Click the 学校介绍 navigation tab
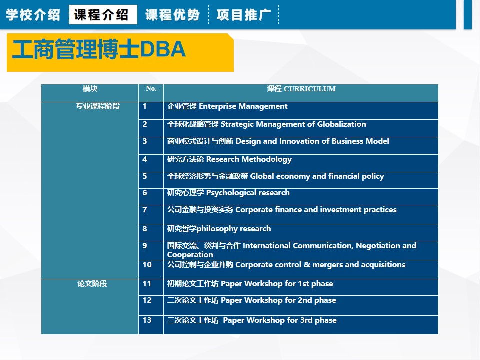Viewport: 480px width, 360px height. (x=33, y=14)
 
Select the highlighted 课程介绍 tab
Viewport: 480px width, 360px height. (x=101, y=14)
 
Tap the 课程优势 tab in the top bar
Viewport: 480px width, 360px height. (x=172, y=14)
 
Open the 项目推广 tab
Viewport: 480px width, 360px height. (x=244, y=14)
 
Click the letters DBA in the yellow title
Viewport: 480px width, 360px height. (x=163, y=49)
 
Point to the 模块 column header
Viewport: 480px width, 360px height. (x=90, y=89)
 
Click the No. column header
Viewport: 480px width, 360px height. (x=151, y=89)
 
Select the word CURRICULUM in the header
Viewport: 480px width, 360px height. (x=310, y=89)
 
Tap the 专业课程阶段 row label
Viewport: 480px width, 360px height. (x=98, y=106)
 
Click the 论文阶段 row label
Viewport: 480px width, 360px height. (x=92, y=284)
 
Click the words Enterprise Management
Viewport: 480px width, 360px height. (x=243, y=106)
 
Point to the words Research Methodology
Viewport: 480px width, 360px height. (x=249, y=159)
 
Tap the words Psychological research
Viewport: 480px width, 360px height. (x=248, y=193)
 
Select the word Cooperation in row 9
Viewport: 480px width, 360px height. (x=190, y=255)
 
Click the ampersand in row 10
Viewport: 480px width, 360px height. (x=307, y=265)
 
